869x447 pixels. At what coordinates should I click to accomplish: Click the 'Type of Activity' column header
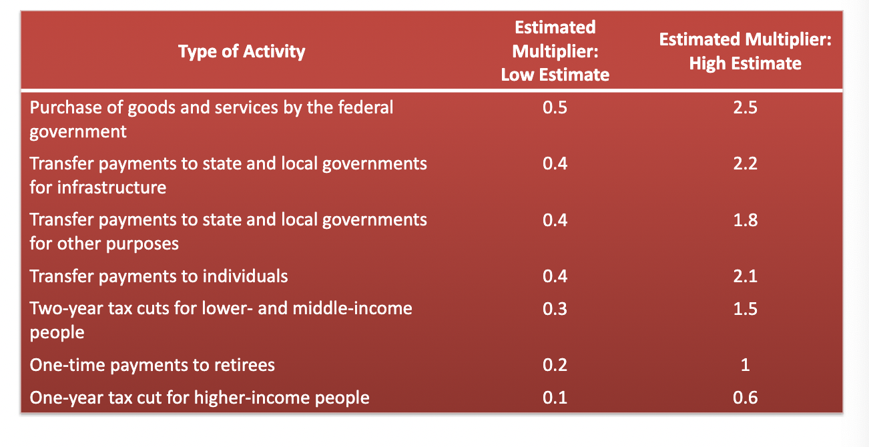pos(242,51)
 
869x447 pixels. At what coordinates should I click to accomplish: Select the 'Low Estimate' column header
pos(555,51)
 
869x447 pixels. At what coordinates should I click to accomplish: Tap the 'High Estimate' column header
pos(746,51)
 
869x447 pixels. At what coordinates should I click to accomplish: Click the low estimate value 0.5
pos(555,107)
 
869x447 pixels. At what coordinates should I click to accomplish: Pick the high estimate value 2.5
pos(746,107)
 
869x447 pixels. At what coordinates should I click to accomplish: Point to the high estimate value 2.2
pos(746,163)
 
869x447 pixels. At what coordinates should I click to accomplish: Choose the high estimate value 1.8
pos(746,219)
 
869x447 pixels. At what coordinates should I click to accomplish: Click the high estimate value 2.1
pos(746,276)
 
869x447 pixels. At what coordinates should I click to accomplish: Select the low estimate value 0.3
pos(555,309)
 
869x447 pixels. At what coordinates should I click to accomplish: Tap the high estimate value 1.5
pos(746,309)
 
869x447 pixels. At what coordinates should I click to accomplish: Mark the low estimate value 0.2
pos(555,365)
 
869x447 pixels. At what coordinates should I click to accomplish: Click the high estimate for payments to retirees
pos(746,365)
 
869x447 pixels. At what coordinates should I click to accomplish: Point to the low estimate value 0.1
pos(555,398)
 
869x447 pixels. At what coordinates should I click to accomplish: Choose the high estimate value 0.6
pos(746,398)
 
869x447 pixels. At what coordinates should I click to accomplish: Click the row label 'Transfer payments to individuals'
pos(159,277)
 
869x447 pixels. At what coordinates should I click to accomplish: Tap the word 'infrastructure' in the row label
pos(111,187)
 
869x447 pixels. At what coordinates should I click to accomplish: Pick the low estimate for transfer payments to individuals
pos(555,276)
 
